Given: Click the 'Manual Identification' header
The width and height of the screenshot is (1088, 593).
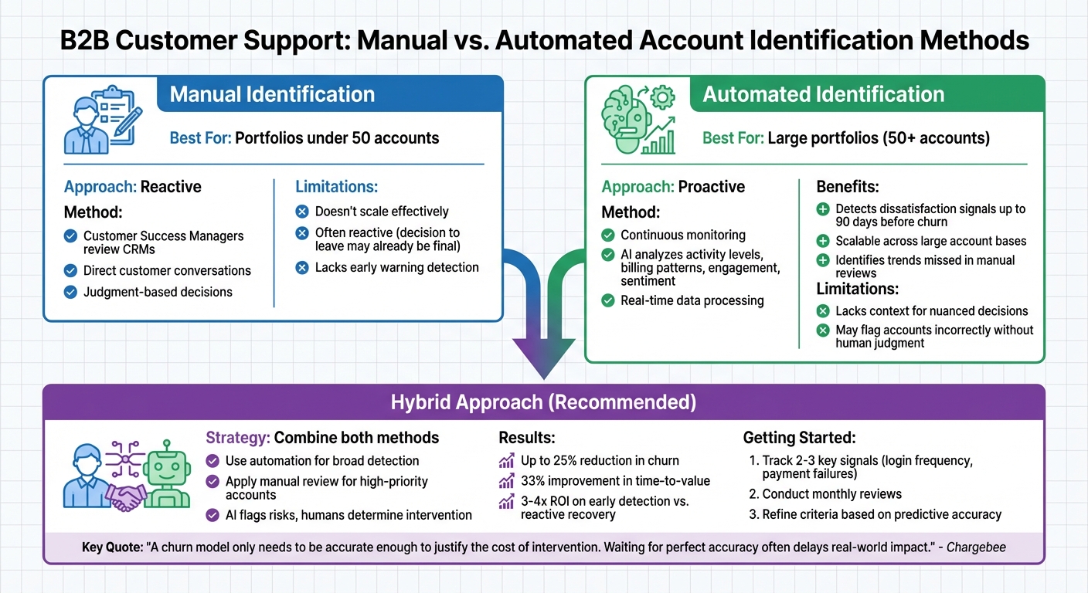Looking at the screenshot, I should pos(272,94).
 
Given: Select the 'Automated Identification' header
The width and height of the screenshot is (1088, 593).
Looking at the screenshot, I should pos(823,94).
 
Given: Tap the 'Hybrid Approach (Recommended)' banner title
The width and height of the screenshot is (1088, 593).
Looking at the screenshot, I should pos(543,402).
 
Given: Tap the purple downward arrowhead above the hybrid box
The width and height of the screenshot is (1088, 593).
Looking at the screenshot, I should pos(544,358).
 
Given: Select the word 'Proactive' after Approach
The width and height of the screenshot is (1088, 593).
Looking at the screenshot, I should pos(711,187).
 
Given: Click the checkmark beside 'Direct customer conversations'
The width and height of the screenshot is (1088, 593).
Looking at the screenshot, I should pos(71,271).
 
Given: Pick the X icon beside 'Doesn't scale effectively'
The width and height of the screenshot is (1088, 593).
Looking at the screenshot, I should pos(302,212).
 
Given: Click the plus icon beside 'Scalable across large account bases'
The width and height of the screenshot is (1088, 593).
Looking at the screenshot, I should pos(823,242).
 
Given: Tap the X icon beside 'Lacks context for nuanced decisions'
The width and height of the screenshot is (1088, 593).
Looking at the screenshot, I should pos(823,311).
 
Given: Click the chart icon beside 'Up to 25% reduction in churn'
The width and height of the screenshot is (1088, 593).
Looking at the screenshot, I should pos(507,461).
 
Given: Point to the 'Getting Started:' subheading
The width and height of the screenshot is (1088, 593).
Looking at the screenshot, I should pos(799,438).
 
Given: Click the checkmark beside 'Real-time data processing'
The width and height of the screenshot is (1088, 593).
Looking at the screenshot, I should pos(608,301).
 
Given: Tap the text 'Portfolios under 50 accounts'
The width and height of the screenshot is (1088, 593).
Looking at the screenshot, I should pos(337,138).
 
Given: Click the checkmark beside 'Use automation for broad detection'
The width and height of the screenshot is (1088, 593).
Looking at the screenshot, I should pos(212,461).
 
